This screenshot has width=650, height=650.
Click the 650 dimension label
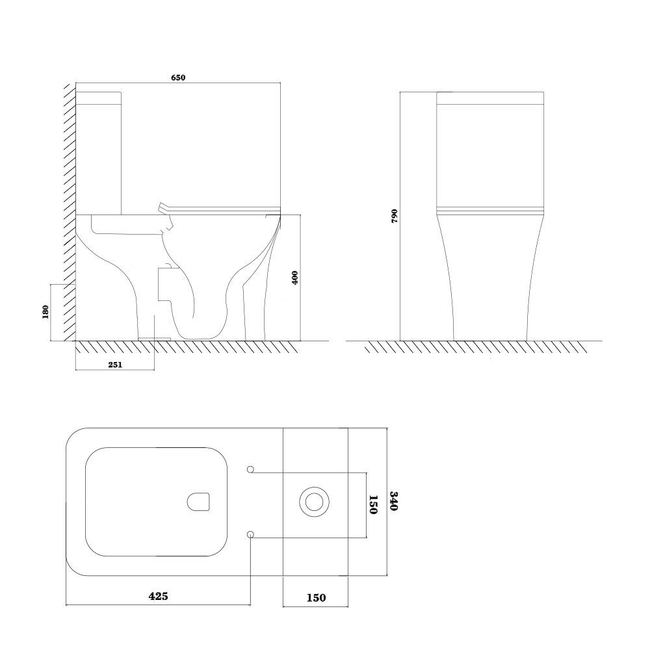[178, 77]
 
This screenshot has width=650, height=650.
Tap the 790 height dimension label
[395, 216]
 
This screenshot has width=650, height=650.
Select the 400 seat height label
[295, 278]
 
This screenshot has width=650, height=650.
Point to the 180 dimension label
[45, 312]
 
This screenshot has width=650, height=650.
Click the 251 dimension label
[115, 365]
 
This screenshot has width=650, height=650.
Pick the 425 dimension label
[159, 596]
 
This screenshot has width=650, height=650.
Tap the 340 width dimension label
[394, 501]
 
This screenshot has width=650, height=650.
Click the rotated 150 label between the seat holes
[373, 504]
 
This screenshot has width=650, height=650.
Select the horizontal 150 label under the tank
[317, 598]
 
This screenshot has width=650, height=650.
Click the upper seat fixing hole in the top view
[250, 469]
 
